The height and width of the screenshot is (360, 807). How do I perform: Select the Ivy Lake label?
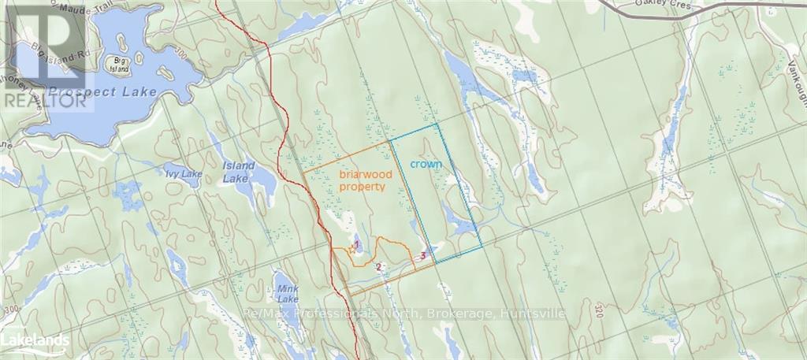point(183,173)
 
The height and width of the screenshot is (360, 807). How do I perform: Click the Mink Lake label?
point(288,294)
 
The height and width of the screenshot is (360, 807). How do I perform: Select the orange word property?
point(362,187)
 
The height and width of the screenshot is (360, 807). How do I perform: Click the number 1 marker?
point(356,245)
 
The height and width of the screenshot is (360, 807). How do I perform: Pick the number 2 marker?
point(379,267)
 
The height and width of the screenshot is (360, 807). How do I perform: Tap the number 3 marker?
point(423,255)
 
